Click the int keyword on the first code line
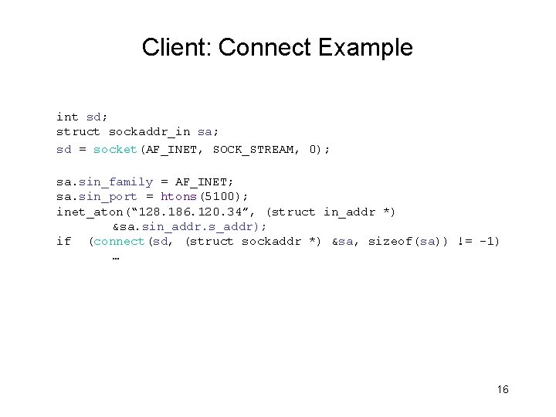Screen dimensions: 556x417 67,117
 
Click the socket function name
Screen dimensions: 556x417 114,148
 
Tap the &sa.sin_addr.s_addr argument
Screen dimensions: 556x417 190,226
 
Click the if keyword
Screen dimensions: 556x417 63,242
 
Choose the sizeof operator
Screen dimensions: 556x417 391,242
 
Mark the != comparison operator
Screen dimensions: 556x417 466,242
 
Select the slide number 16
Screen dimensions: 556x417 503,389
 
